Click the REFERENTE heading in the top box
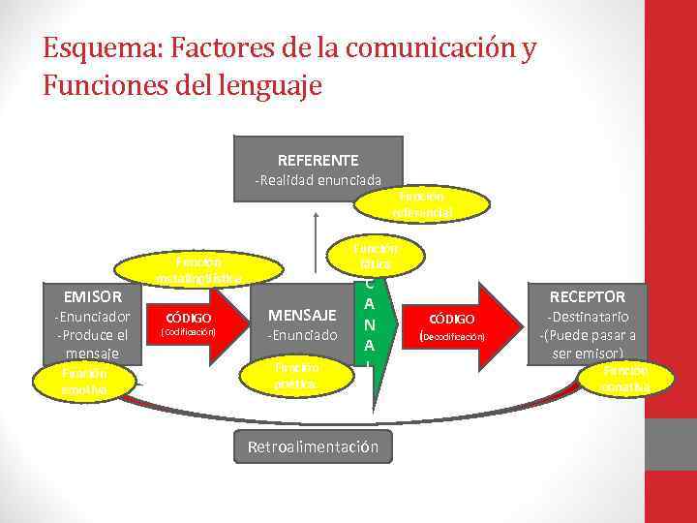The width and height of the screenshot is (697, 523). (318, 160)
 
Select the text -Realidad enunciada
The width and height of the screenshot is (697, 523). (318, 180)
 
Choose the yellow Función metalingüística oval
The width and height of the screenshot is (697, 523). (199, 270)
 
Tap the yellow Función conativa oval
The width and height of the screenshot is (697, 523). (624, 379)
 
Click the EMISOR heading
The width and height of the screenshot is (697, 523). (92, 296)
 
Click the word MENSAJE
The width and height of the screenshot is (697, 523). (302, 315)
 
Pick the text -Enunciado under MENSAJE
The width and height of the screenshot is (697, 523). (303, 335)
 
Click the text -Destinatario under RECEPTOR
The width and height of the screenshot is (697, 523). (588, 317)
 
